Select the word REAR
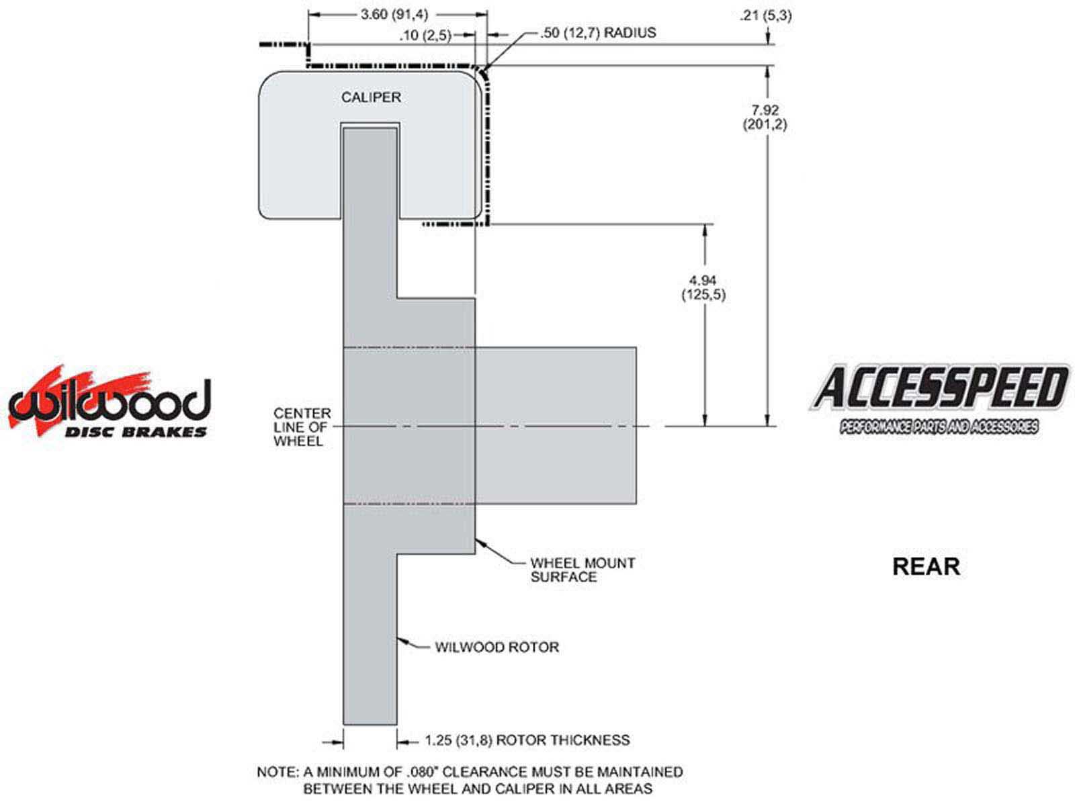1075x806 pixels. click(x=926, y=566)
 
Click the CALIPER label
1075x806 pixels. click(x=371, y=97)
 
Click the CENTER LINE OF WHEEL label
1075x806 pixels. click(x=302, y=427)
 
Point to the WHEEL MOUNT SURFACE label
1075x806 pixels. click(x=582, y=570)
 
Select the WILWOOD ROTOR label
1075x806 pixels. click(x=497, y=647)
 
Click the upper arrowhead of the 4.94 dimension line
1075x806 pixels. click(x=704, y=228)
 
